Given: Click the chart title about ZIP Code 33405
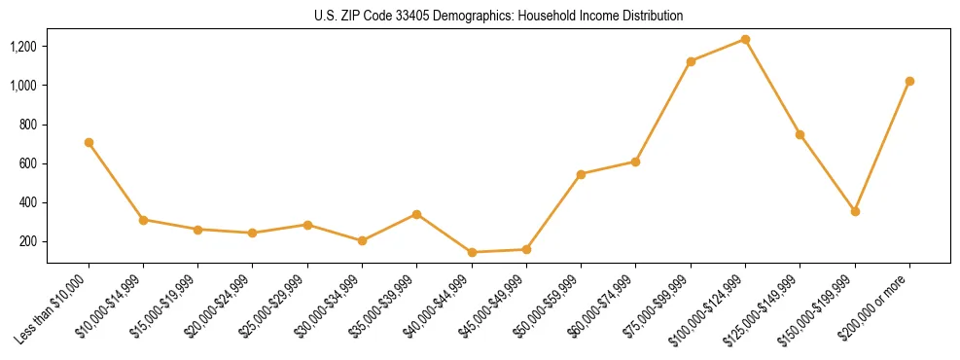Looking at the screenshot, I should pos(499,16).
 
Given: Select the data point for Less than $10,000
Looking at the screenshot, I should pos(89,142).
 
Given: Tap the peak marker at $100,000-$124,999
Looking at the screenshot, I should pos(745,39).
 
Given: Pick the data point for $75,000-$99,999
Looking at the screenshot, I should pos(691,61).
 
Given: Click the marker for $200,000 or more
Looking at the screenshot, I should pos(909,81).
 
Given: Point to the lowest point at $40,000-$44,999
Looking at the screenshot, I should pos(472,252).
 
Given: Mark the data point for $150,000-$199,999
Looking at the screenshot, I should pos(855,211).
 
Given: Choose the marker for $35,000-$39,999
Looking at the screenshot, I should pos(416,214).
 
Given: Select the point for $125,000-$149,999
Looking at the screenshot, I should pos(800,134).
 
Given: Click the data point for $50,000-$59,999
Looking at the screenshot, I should pos(581,174).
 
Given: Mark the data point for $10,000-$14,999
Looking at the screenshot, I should pos(143,220).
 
